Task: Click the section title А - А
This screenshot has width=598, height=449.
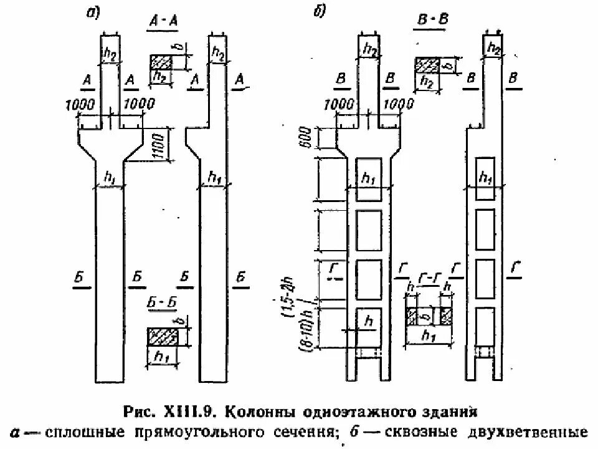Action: click(x=164, y=22)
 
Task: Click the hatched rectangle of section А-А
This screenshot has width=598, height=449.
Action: click(x=160, y=62)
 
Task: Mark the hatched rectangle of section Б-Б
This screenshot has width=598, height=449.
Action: click(x=161, y=336)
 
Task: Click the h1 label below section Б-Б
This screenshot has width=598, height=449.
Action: click(x=162, y=359)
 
